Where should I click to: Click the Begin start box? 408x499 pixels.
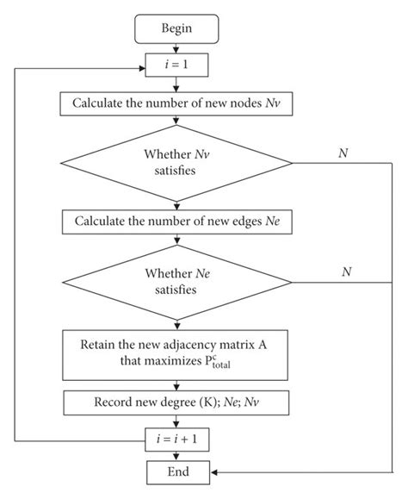(x=176, y=28)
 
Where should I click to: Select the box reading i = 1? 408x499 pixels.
(x=176, y=65)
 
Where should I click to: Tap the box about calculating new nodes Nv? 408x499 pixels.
(x=176, y=104)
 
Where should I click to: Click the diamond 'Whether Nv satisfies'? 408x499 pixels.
(x=176, y=163)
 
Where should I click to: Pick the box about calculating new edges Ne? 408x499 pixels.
(x=176, y=221)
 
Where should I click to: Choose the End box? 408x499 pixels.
(x=176, y=472)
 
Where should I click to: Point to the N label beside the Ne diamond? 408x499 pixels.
(x=346, y=270)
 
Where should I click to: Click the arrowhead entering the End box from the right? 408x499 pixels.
(x=215, y=472)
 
